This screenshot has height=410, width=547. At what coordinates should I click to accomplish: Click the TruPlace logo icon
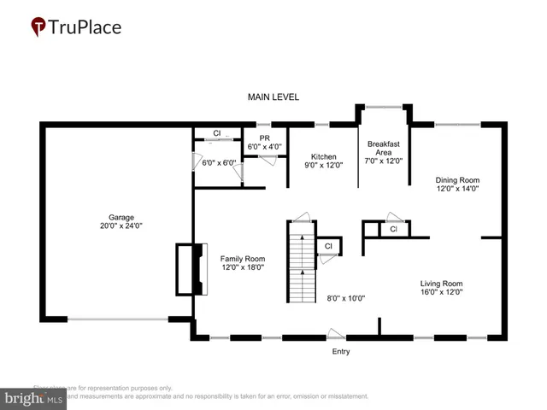(38, 27)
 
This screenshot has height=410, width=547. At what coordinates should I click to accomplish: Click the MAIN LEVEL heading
(273, 97)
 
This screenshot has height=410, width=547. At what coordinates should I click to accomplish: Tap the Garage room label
(121, 217)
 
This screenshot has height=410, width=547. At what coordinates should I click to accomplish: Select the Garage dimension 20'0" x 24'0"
(121, 226)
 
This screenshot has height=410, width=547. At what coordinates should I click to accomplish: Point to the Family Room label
(243, 259)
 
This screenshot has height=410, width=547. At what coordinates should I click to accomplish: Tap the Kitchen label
(323, 157)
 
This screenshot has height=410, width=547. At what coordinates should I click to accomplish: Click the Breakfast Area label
(383, 149)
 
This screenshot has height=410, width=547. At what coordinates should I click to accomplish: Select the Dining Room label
(458, 180)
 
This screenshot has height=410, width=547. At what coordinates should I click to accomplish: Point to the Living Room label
(441, 284)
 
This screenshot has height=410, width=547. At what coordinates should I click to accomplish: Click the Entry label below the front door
(341, 351)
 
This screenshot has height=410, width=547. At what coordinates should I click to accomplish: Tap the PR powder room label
(253, 138)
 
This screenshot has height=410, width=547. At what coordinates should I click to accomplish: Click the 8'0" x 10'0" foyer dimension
(346, 298)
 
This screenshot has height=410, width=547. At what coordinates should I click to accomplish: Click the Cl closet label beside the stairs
(328, 247)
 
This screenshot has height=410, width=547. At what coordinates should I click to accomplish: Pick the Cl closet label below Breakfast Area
(393, 229)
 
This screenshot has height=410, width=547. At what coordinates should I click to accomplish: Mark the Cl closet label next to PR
(217, 134)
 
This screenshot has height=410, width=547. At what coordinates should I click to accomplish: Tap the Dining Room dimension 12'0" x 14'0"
(458, 190)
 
